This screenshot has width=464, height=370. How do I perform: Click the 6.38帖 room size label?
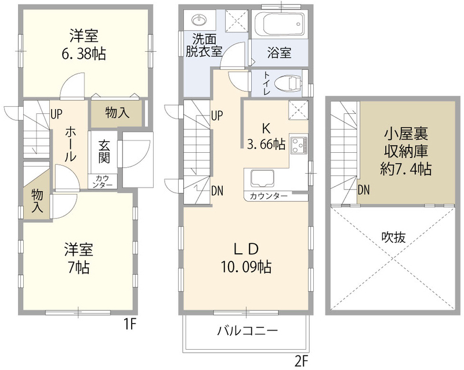tap(84, 54)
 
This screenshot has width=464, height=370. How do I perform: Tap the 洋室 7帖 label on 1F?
tap(79, 258)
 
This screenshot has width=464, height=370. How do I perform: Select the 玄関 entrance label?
tap(104, 152)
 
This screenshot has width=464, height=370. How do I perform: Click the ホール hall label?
tap(71, 143)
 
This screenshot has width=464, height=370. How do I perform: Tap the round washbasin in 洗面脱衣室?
tap(199, 20)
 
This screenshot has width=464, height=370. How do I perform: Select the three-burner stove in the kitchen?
tap(299, 144)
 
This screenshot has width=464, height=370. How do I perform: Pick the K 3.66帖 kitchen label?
tap(266, 136)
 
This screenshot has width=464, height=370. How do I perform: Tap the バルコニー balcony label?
tap(248, 331)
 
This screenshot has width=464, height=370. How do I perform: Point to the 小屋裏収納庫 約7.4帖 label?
tap(405, 152)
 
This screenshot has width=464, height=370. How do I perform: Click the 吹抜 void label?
tap(394, 237)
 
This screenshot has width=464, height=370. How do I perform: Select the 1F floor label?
tap(129, 325)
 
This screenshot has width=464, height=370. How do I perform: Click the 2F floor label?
tap(302, 361)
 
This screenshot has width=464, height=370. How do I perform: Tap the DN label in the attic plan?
tap(364, 190)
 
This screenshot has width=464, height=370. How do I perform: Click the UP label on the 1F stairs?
tap(56, 114)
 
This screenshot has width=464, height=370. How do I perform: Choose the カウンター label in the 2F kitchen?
tap(269, 196)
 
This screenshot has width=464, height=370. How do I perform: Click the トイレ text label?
tap(266, 83)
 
